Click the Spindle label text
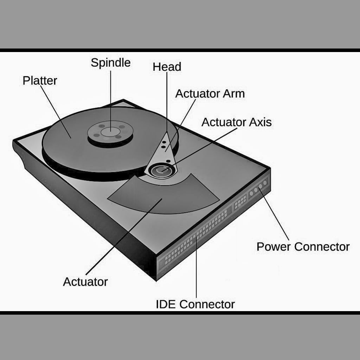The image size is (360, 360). [110, 63]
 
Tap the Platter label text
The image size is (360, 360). [40, 81]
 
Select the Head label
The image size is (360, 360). [167, 67]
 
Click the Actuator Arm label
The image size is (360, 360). [210, 94]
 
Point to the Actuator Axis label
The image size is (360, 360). [236, 122]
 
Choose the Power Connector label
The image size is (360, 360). [303, 246]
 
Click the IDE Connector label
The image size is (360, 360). [195, 304]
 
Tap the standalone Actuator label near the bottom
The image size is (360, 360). [85, 282]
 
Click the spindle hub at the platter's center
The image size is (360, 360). [111, 132]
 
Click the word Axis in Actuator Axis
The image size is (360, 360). [260, 122]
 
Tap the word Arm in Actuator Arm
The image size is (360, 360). [233, 94]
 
